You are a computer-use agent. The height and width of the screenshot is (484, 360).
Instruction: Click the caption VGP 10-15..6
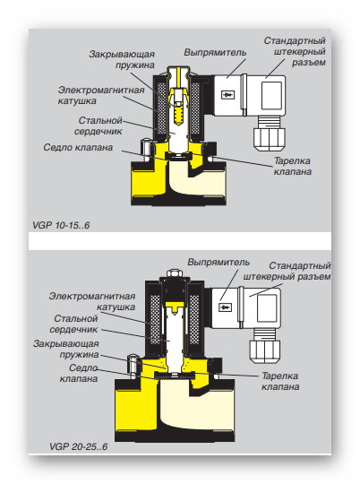(61, 225)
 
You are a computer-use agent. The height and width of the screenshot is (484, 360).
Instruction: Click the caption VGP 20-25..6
(78, 446)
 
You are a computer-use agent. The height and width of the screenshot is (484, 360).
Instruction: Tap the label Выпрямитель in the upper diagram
(215, 53)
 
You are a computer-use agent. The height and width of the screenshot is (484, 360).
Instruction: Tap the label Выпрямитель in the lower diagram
(219, 263)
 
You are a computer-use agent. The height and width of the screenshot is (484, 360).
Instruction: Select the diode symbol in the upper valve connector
(227, 94)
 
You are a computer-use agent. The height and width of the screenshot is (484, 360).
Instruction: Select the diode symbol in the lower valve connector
(225, 307)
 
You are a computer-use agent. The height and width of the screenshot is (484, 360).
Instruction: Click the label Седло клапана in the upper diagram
(78, 147)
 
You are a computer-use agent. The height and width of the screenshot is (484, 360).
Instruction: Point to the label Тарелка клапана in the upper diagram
(293, 166)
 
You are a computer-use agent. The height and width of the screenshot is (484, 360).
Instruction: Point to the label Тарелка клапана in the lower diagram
(280, 381)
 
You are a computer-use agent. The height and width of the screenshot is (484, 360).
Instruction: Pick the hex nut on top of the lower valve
(175, 273)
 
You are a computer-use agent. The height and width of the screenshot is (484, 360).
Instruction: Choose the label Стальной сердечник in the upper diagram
(99, 125)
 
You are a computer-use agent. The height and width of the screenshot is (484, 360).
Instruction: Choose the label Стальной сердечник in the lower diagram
(73, 324)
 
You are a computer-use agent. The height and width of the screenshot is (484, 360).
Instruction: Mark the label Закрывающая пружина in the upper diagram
(122, 59)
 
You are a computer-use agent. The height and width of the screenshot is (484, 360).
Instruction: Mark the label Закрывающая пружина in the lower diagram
(66, 350)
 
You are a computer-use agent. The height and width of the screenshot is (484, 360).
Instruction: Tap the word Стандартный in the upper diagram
(295, 40)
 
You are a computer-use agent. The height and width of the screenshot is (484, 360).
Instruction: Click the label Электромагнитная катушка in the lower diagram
(92, 301)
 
